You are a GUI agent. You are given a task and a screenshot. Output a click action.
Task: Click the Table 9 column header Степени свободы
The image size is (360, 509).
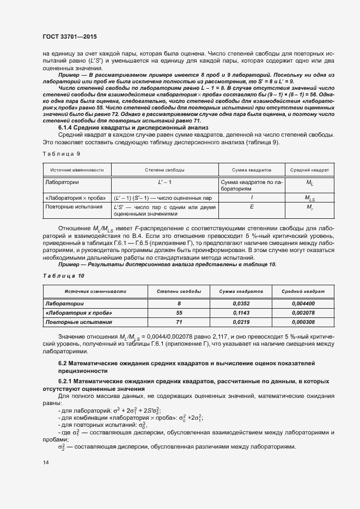(164, 170)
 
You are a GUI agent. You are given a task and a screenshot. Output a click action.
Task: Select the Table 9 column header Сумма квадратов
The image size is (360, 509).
(251, 170)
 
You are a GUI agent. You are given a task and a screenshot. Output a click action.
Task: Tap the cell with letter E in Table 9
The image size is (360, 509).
(251, 207)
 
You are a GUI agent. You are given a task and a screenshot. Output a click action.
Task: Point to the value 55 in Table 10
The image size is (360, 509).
(179, 313)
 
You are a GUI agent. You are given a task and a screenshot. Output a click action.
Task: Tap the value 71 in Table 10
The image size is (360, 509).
(179, 322)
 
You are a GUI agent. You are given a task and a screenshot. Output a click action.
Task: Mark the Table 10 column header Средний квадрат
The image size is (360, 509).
(303, 292)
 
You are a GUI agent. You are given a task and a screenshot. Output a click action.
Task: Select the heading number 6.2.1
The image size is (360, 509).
(67, 382)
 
